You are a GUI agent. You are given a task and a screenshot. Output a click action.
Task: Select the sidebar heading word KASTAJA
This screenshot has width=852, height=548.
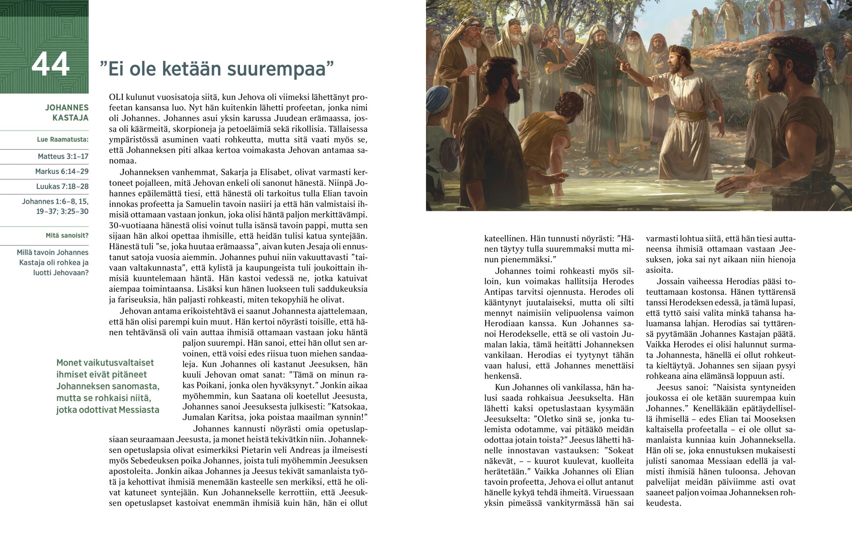[x=70, y=118]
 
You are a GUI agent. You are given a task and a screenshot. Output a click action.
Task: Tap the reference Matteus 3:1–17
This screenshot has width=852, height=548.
[x=63, y=156]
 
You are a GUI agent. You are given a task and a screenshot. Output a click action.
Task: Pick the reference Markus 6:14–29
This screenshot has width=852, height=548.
[x=61, y=171]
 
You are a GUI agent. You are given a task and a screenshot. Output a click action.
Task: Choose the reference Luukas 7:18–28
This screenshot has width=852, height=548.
[x=62, y=186]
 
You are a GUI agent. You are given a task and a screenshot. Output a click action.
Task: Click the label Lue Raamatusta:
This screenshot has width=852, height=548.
[x=62, y=140]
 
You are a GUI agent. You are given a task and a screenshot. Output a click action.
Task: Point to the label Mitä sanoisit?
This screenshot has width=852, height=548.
[x=67, y=235]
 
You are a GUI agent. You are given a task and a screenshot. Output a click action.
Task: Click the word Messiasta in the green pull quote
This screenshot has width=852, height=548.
[x=139, y=409]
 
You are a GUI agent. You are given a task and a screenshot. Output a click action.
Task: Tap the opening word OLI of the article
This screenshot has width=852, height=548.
[x=116, y=97]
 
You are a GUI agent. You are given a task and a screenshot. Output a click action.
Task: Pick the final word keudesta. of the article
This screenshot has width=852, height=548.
[x=663, y=504]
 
